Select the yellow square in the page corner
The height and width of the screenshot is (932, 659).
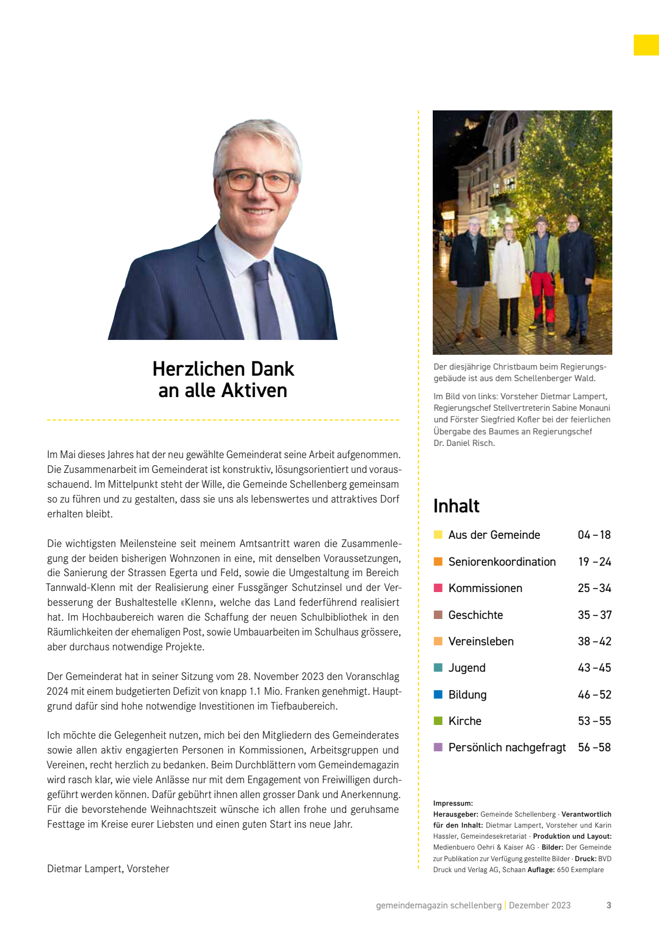coord(646,45)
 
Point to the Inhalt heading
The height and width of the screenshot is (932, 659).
coord(456,506)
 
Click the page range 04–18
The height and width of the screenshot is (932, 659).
coord(594,535)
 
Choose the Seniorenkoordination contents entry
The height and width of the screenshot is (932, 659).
coord(502,562)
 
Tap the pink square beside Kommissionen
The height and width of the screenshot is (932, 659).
coord(438,588)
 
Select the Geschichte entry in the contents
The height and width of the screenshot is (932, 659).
coord(476,615)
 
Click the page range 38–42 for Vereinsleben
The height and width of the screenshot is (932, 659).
coord(594,641)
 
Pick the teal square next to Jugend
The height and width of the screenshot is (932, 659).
coord(438,668)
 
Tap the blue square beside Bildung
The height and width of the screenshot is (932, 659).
coord(438,694)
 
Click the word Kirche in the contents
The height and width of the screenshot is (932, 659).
coord(465,721)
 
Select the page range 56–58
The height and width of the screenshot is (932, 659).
coord(594,747)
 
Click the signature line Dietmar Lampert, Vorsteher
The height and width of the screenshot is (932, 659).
coord(108,869)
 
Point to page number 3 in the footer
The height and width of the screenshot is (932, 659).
coord(608,905)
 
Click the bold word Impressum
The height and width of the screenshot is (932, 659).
coord(453,803)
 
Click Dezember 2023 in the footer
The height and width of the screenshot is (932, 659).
coord(539,905)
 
